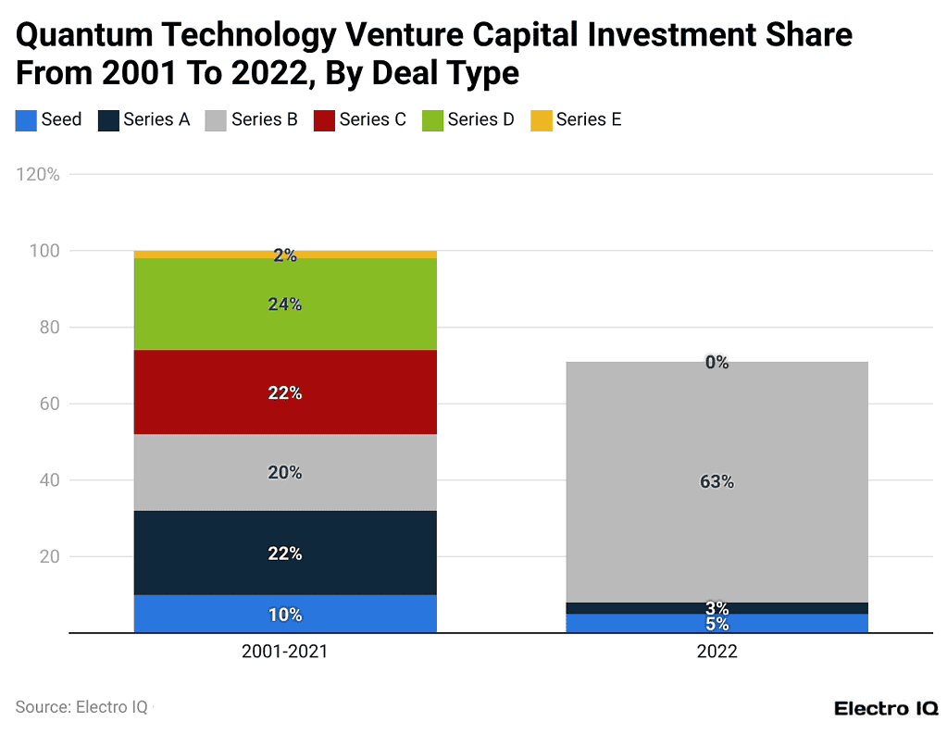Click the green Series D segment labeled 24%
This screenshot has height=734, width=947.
coord(285,304)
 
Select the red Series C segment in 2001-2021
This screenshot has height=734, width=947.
coord(285,392)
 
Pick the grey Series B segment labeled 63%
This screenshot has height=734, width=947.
coord(716,481)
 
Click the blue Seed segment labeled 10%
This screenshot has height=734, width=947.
coord(285,615)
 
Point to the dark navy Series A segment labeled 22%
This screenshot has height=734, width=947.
coord(285,553)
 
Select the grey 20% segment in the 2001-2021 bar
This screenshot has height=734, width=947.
coord(285,472)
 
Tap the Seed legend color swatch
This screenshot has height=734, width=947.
coord(26,120)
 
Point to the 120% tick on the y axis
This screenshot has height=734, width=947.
coord(38,174)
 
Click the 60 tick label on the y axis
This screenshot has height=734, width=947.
coord(49,404)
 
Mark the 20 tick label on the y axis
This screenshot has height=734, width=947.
coord(49,557)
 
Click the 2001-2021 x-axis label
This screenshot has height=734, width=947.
coord(285,652)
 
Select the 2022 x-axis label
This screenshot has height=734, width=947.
coord(716,652)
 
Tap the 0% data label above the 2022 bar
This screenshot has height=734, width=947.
coord(716,363)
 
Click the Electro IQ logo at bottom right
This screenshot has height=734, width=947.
coord(886,708)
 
